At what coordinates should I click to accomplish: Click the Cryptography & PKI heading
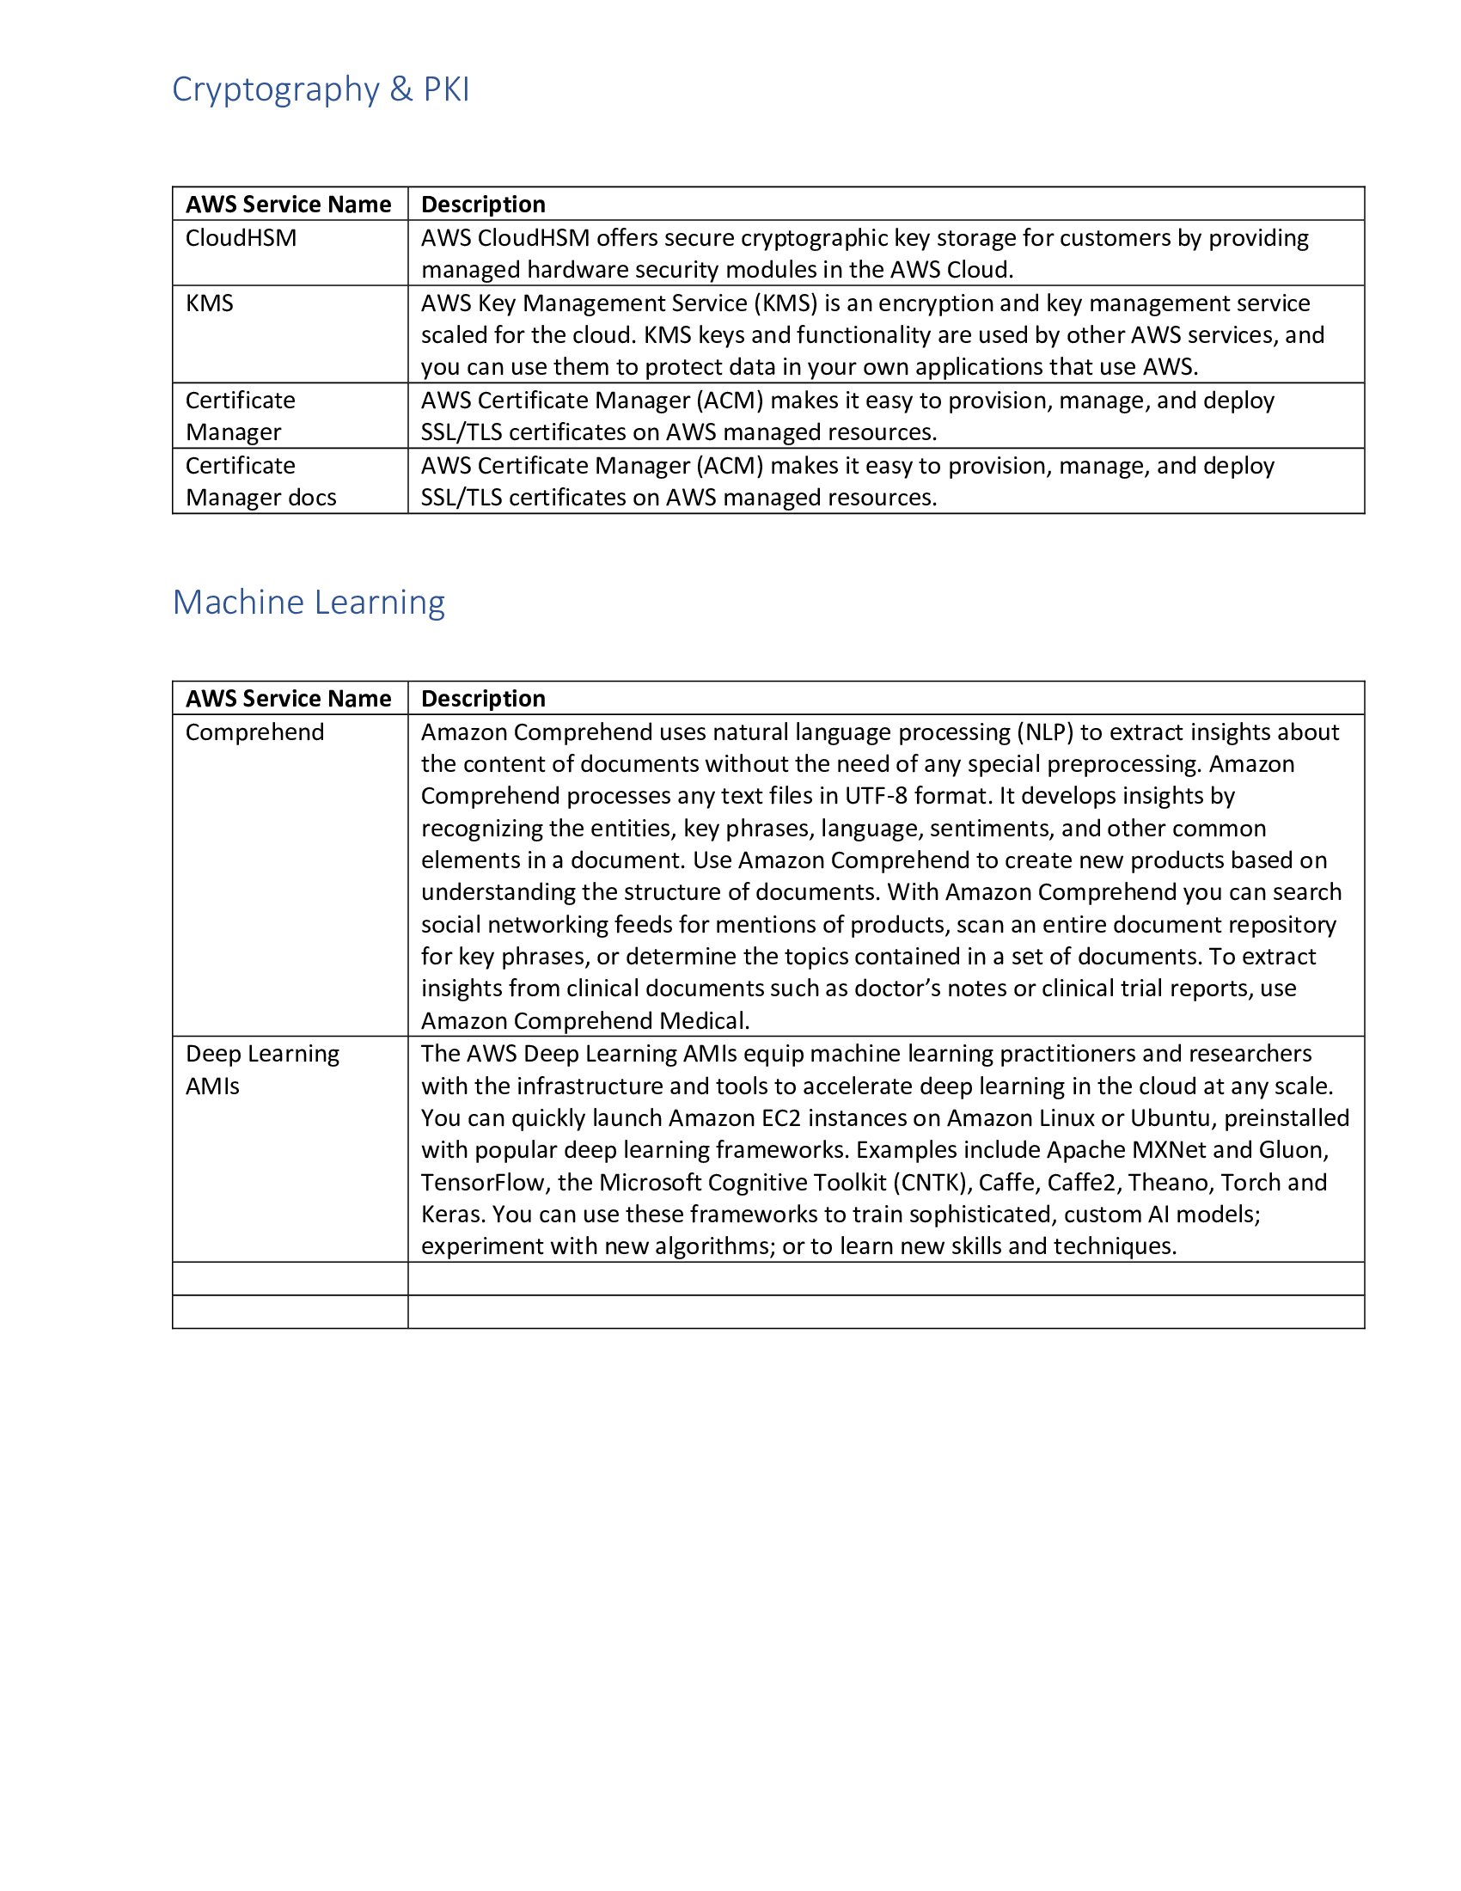(x=321, y=89)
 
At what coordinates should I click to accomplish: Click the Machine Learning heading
(x=309, y=602)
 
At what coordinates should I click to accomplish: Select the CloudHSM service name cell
(x=241, y=238)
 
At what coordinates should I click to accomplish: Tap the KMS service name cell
(x=210, y=303)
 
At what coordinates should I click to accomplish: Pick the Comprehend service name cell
(x=254, y=732)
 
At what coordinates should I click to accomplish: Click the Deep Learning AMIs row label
(x=262, y=1069)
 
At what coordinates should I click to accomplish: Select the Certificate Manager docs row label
(x=260, y=481)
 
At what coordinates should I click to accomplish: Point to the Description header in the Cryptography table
(x=483, y=205)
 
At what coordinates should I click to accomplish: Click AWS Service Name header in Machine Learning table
(x=288, y=699)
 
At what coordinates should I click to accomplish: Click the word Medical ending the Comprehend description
(x=704, y=1021)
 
